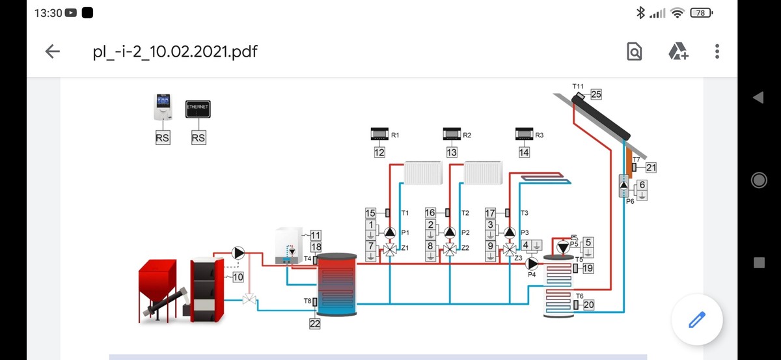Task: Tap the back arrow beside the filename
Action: (x=52, y=51)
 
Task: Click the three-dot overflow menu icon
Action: (x=717, y=51)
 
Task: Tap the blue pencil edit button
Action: (x=696, y=320)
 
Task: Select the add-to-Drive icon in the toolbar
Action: (x=678, y=51)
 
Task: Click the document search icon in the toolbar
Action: (x=635, y=51)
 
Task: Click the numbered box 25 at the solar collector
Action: (x=596, y=94)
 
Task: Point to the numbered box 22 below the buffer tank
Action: (x=315, y=324)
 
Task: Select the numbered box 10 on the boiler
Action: (x=238, y=277)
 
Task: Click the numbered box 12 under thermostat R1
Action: (x=379, y=152)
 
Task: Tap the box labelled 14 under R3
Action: (x=524, y=152)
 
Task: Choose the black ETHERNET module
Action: (x=199, y=110)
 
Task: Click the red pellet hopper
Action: (x=157, y=279)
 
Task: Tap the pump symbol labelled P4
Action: (x=532, y=263)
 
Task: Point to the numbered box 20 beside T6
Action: (x=589, y=305)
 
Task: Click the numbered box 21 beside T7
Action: (x=651, y=167)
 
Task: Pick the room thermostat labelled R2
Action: (x=452, y=134)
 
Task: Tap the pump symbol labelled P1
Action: (x=389, y=232)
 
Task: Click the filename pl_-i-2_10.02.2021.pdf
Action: (x=175, y=51)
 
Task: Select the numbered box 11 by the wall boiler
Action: (x=316, y=235)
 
